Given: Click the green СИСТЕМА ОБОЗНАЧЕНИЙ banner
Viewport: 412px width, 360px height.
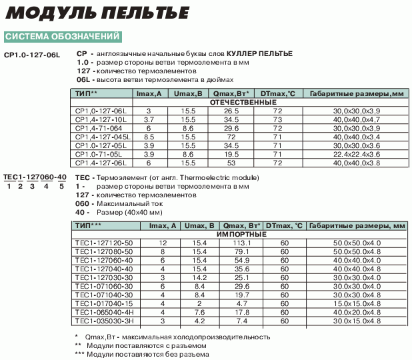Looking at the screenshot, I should click(x=63, y=36).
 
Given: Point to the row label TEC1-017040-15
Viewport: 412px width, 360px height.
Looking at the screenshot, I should click(x=103, y=303).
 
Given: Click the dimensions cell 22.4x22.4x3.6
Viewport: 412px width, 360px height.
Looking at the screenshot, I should click(x=356, y=153).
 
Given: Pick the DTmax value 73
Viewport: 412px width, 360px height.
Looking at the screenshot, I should click(x=278, y=119).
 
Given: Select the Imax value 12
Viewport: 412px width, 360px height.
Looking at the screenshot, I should click(x=163, y=243).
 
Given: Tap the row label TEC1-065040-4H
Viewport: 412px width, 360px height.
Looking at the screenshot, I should click(x=104, y=311).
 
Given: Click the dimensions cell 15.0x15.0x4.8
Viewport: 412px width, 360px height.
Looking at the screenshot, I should click(x=356, y=303).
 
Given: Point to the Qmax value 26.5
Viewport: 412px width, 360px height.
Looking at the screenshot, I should click(x=231, y=110).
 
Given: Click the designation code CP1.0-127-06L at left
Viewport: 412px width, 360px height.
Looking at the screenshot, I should click(x=31, y=54).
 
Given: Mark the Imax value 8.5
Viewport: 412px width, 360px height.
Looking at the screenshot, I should click(x=149, y=136).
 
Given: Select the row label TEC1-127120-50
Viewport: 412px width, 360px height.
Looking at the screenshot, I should click(x=103, y=243).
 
